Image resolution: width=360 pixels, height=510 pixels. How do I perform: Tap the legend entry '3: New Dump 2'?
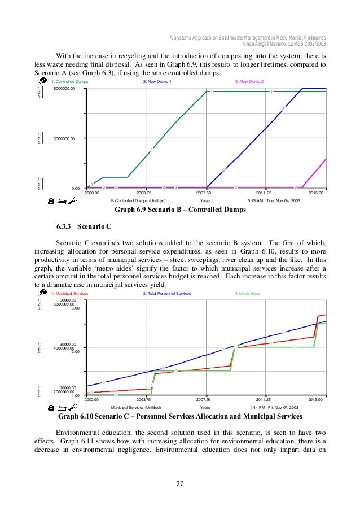coord(249,82)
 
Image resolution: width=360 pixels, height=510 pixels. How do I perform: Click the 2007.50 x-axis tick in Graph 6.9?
coord(205,193)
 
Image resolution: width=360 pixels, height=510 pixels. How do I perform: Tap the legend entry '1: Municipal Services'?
coord(70,294)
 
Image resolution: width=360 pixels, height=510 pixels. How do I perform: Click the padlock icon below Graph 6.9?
coord(51,200)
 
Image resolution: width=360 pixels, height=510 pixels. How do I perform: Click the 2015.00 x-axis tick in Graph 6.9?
coord(317,193)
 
